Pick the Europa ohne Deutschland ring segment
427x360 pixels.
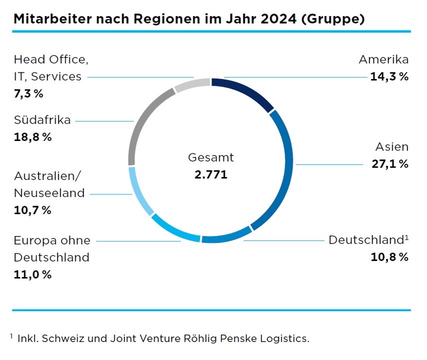coord(175,230)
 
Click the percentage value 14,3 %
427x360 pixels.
coord(389,77)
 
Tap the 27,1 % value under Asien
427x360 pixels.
coord(389,164)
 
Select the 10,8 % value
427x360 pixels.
coord(389,257)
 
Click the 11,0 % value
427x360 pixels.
coord(32,274)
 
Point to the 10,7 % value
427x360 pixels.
coord(32,210)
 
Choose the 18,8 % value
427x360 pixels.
coord(32,137)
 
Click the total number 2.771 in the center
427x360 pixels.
coord(210,175)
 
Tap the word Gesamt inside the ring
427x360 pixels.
coord(210,158)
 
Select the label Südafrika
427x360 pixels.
coord(42,120)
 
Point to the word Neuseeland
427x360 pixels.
coord(49,193)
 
